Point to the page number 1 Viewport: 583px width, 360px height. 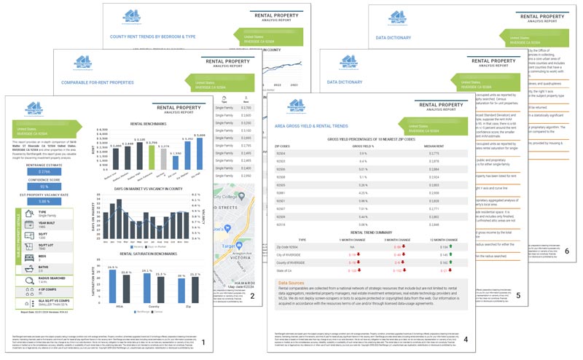coord(203,342)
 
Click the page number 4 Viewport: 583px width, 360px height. coord(466,339)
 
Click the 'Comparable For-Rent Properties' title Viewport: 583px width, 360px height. coord(99,82)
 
